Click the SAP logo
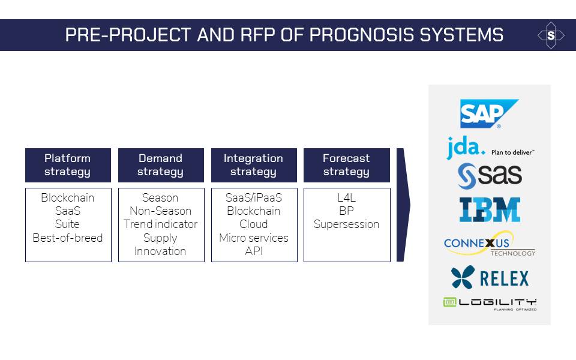[489, 113]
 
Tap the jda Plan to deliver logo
[490, 148]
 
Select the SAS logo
[490, 176]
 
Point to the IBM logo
[490, 210]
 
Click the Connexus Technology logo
[490, 244]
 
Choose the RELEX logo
[490, 277]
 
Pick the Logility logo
[490, 304]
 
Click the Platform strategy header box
[68, 166]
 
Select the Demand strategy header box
[161, 166]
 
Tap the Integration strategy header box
[254, 166]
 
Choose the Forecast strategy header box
[347, 166]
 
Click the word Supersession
[346, 224]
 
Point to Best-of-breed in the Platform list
[68, 238]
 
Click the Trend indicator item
[161, 224]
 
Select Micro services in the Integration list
[254, 238]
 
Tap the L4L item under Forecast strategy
[346, 197]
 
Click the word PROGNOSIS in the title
[362, 35]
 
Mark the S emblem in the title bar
[551, 35]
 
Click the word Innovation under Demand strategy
[160, 251]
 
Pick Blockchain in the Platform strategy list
[68, 197]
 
